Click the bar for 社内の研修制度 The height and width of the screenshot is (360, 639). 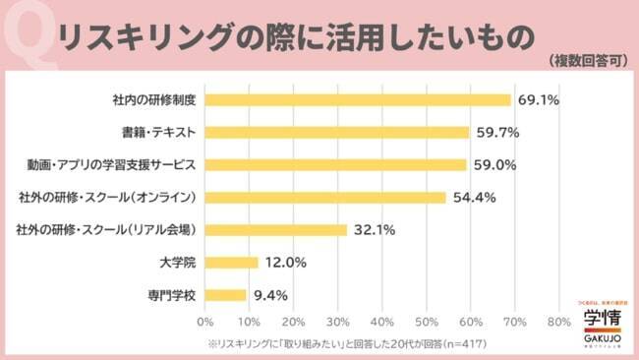(x=358, y=99)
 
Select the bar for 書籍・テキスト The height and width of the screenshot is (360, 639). (x=337, y=132)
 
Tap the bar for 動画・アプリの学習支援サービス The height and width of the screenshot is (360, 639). (x=335, y=164)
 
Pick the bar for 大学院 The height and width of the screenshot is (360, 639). (x=232, y=262)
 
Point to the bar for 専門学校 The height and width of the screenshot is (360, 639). (x=226, y=294)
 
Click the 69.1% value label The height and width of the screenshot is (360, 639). (x=539, y=99)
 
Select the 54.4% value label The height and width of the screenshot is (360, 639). (x=473, y=197)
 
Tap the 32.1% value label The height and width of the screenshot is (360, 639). (x=375, y=229)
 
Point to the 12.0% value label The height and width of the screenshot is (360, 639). (x=285, y=262)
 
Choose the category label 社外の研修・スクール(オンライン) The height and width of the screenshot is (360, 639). (x=107, y=197)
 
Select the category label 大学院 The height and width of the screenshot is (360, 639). (x=178, y=262)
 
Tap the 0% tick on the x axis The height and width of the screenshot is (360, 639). (x=205, y=322)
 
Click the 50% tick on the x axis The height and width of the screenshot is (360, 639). (x=426, y=322)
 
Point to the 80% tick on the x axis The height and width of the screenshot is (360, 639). (x=558, y=322)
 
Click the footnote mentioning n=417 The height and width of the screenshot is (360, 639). (x=346, y=343)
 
